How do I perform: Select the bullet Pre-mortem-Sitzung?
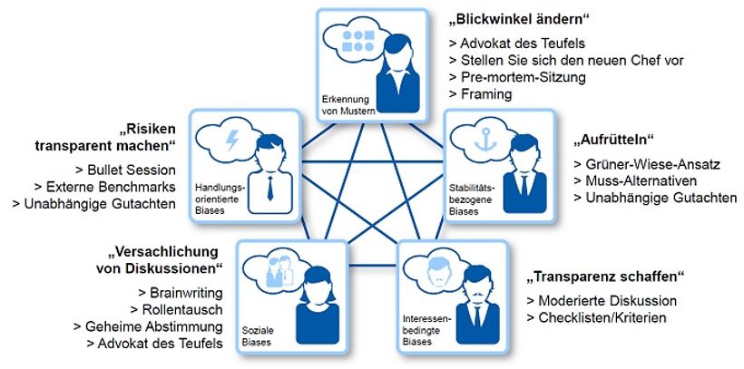pos(516,77)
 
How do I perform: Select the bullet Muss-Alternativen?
pos(634,180)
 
